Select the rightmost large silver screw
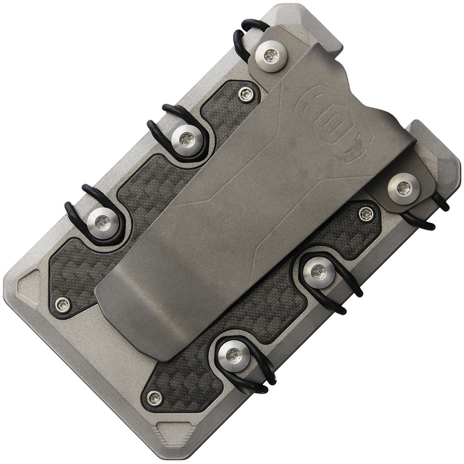[x=403, y=188]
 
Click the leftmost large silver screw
[x=102, y=221]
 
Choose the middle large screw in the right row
[x=318, y=271]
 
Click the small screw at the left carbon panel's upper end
[x=246, y=94]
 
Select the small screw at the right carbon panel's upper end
[x=366, y=213]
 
